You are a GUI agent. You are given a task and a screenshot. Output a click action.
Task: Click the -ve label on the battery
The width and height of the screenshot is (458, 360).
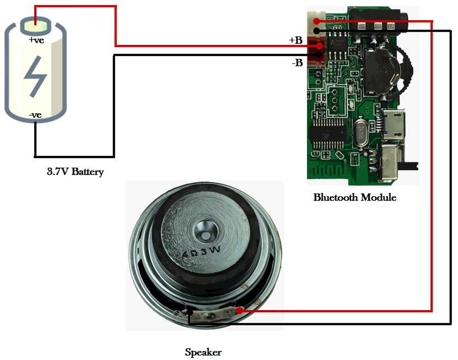35,115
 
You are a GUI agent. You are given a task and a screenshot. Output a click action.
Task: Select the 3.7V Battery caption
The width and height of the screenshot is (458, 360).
75,172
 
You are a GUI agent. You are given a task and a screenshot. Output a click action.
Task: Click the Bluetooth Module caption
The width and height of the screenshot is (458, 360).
355,197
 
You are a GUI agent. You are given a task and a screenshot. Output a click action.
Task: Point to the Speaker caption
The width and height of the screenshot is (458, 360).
203,353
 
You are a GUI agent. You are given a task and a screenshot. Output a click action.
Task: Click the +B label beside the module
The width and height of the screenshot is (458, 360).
296,40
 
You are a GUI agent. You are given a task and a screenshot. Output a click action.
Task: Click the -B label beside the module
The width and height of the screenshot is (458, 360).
297,63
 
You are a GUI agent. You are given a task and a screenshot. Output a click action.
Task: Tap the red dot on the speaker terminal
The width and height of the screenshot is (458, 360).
240,310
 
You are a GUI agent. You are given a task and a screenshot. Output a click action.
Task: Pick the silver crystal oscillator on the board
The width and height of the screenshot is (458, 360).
360,133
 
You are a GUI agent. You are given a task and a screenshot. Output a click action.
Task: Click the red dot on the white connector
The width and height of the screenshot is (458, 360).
317,21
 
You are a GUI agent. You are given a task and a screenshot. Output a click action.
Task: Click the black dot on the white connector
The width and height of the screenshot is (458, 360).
317,30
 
